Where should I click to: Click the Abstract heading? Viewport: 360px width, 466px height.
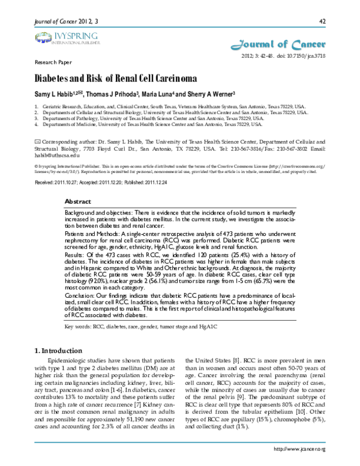pyautogui.click(x=77, y=201)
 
